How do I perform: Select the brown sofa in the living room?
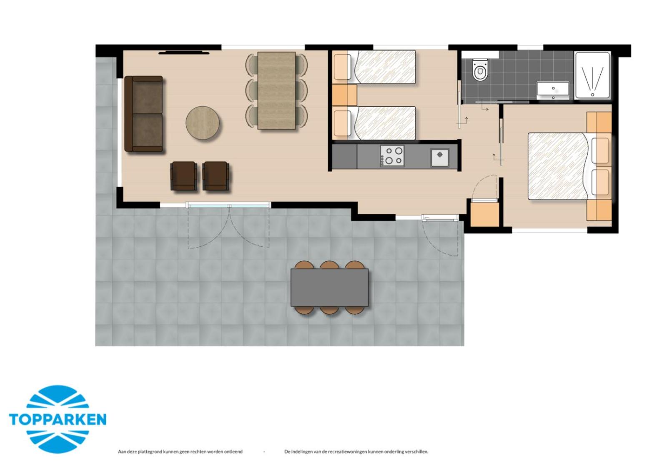pyautogui.click(x=144, y=114)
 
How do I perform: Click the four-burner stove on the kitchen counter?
pyautogui.click(x=392, y=156)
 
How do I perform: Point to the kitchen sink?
pyautogui.click(x=439, y=157)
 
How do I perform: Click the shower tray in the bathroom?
pyautogui.click(x=592, y=75)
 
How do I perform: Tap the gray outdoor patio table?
pyautogui.click(x=329, y=287)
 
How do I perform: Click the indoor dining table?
pyautogui.click(x=276, y=90)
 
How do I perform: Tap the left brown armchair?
pyautogui.click(x=183, y=176)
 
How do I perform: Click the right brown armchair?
pyautogui.click(x=216, y=176)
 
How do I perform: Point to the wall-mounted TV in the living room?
pyautogui.click(x=184, y=53)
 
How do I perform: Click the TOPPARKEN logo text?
pyautogui.click(x=58, y=419)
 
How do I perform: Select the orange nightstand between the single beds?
pyautogui.click(x=344, y=95)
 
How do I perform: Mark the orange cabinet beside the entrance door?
pyautogui.click(x=484, y=214)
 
